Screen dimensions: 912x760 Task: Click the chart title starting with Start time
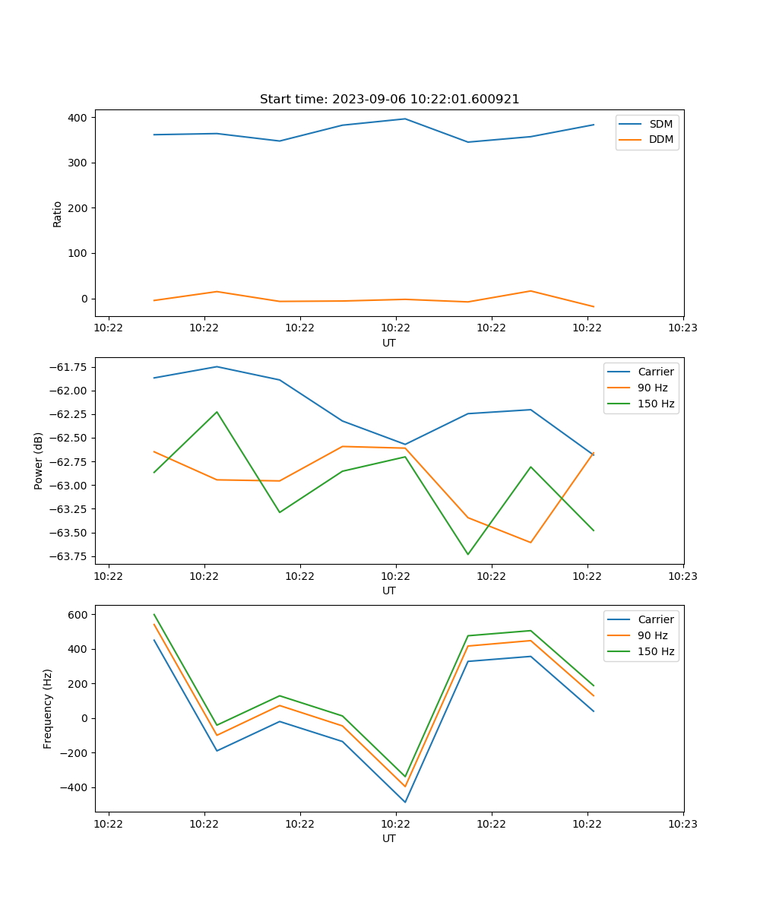[x=389, y=100]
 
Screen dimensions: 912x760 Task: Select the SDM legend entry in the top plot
[x=660, y=124]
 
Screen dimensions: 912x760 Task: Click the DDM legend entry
[x=660, y=139]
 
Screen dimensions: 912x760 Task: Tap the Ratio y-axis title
[x=58, y=214]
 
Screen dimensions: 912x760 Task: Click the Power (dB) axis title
[x=39, y=461]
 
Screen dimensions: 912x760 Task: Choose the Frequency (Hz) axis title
[x=48, y=708]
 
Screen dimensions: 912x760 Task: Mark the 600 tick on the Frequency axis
[x=78, y=614]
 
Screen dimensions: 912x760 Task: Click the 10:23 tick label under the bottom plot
[x=682, y=824]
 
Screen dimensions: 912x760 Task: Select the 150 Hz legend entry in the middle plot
[x=656, y=404]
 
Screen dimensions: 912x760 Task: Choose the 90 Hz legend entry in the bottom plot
[x=652, y=635]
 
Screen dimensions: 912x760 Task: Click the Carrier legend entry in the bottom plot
[x=655, y=619]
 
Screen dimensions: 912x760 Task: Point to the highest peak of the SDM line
[x=405, y=119]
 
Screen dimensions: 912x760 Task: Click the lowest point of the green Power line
[x=468, y=554]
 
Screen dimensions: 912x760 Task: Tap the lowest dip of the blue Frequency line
[x=405, y=802]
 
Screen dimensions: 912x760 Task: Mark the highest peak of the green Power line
[x=217, y=412]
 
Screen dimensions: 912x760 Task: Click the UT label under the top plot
[x=389, y=343]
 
